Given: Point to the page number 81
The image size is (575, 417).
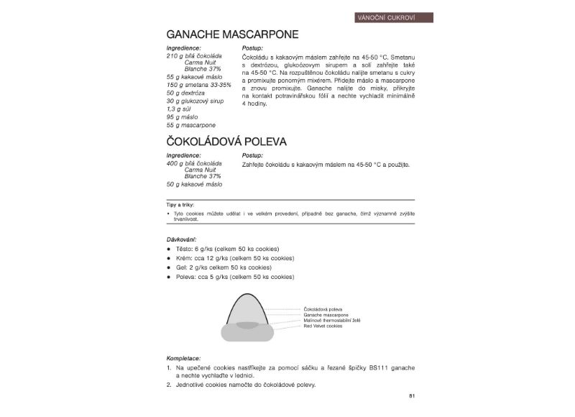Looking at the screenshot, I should (412, 395).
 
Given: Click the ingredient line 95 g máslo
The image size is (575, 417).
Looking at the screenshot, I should (182, 116).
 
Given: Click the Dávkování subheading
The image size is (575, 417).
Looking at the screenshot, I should (181, 238).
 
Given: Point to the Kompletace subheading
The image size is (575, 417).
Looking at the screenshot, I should (183, 358).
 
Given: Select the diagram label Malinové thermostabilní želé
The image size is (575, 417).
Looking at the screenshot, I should (331, 320).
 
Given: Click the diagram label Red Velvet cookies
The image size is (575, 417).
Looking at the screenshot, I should (323, 326).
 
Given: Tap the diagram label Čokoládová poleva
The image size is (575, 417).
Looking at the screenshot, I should (323, 308).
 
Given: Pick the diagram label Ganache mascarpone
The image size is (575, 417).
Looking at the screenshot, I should (326, 314).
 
